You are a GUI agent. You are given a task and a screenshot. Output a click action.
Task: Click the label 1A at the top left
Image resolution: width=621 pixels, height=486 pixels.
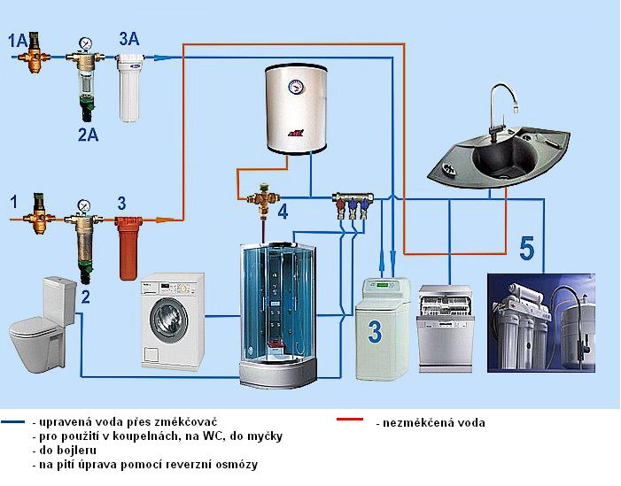coord(18,41)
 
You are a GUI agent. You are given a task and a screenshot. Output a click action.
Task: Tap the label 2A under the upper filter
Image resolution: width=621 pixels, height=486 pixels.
coord(88,135)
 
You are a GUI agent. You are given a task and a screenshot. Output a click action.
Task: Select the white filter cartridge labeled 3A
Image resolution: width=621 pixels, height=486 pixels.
coord(129,88)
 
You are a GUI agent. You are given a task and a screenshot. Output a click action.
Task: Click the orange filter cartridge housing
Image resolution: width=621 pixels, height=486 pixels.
coord(128,248)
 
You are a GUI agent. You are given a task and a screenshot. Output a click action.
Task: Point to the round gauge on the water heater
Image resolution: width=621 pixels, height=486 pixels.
coord(296,85)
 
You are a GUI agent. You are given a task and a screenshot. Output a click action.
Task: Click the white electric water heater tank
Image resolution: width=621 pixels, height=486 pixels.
coord(296,109)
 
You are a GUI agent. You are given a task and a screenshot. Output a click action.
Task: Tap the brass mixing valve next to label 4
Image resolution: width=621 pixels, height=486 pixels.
coord(263,199)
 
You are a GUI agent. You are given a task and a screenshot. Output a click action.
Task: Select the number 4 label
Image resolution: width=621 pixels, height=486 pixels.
coord(283,212)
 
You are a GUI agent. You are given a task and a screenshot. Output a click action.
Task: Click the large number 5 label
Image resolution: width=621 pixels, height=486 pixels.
coord(527,249)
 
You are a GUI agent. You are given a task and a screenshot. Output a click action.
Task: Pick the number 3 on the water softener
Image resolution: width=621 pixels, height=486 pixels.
coord(374,332)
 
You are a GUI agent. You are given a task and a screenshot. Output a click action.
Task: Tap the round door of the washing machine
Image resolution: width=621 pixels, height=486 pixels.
coord(170,320)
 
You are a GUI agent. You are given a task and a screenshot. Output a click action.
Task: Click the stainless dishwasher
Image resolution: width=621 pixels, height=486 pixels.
coord(446,328)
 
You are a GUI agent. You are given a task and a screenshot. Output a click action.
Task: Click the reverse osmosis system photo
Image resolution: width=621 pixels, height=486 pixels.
coord(541,323)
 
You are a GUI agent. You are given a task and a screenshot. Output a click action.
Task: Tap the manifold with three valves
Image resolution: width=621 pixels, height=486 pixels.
coord(353,204)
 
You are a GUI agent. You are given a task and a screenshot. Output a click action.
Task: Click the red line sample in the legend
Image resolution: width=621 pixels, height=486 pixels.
coord(350,419)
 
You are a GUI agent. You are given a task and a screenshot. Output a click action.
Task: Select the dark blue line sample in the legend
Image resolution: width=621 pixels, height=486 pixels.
coord(13,422)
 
